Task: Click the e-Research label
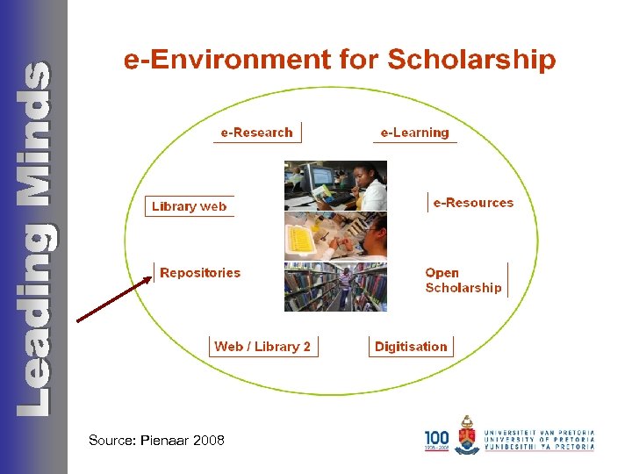[256, 133]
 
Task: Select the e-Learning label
[414, 133]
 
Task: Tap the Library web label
[189, 206]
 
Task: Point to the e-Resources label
[473, 203]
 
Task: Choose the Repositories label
[200, 273]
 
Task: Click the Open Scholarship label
[463, 280]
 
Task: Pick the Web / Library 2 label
[262, 347]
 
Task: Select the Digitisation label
[411, 347]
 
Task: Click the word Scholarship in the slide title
[471, 60]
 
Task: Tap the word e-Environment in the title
[223, 60]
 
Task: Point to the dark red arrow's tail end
[79, 321]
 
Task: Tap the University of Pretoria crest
[467, 435]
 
